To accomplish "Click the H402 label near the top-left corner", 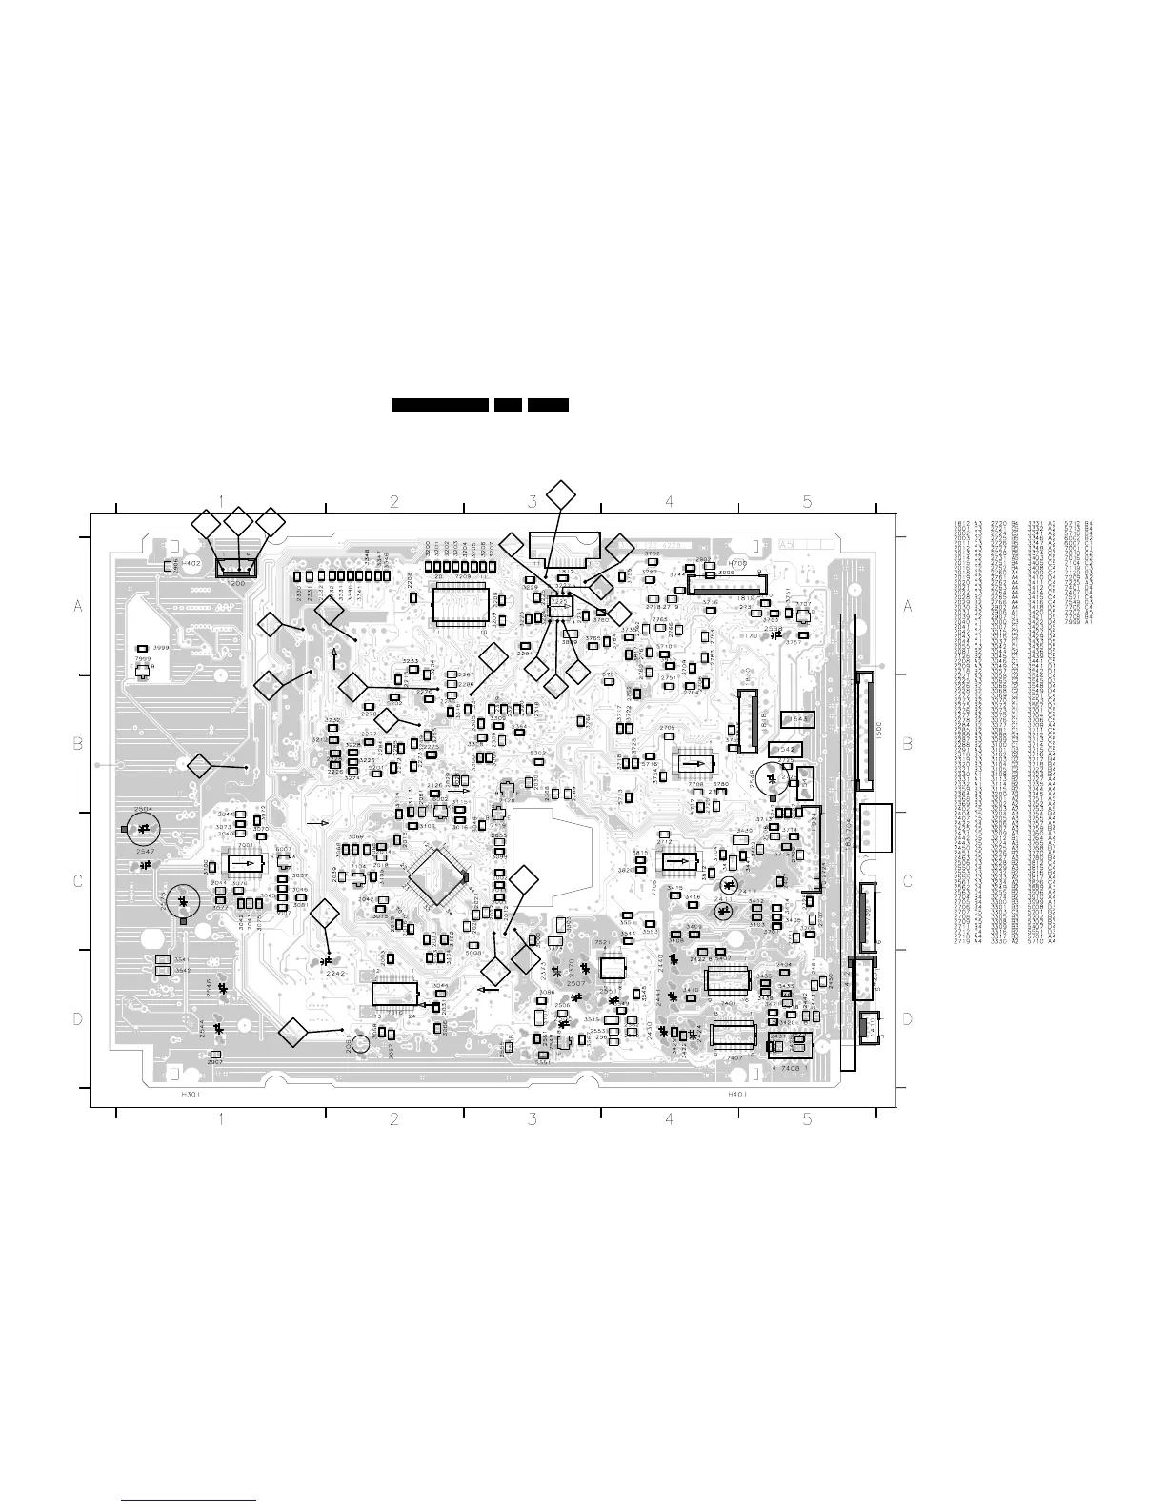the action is tap(191, 564).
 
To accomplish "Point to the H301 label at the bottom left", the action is tap(191, 1096).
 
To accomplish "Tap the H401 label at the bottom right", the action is tap(736, 1096).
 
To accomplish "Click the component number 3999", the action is tap(161, 648).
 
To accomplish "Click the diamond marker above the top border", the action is tap(561, 493).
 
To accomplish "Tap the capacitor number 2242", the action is tap(335, 974).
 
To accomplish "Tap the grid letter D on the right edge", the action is tap(907, 1019).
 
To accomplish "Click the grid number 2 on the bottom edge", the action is tap(393, 1120).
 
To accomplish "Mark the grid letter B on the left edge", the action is tap(79, 744).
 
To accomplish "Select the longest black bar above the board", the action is tap(440, 405).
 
